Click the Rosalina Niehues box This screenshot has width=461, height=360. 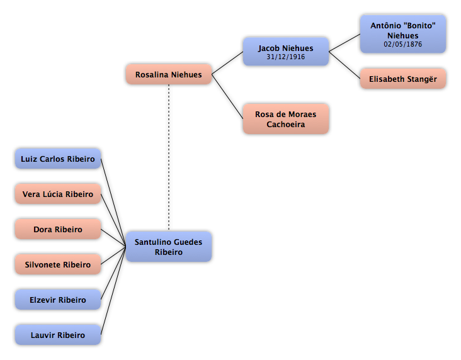(x=168, y=74)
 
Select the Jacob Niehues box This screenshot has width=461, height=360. (x=285, y=52)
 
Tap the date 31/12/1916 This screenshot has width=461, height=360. (x=285, y=57)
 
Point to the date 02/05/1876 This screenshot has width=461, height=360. (x=403, y=44)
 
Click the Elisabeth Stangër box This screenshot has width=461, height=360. (x=403, y=79)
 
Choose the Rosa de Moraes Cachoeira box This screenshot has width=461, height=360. (x=285, y=119)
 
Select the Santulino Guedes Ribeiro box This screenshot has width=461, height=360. (x=168, y=247)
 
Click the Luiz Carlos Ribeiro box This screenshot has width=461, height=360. (x=58, y=159)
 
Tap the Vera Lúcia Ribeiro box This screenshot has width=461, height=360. (x=58, y=194)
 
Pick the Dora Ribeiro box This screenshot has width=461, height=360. (x=58, y=229)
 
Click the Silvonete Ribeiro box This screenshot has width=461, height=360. (x=58, y=264)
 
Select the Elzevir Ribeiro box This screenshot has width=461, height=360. (x=58, y=300)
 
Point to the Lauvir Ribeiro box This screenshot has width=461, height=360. (x=58, y=335)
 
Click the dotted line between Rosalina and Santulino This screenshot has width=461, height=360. (x=169, y=157)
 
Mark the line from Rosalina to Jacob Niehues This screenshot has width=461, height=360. (x=227, y=63)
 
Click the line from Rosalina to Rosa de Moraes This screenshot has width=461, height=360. (x=227, y=96)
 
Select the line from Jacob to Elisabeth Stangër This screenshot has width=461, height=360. (x=344, y=65)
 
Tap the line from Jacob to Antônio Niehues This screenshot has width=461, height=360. (x=344, y=43)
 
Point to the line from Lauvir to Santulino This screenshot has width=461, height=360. (x=113, y=291)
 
